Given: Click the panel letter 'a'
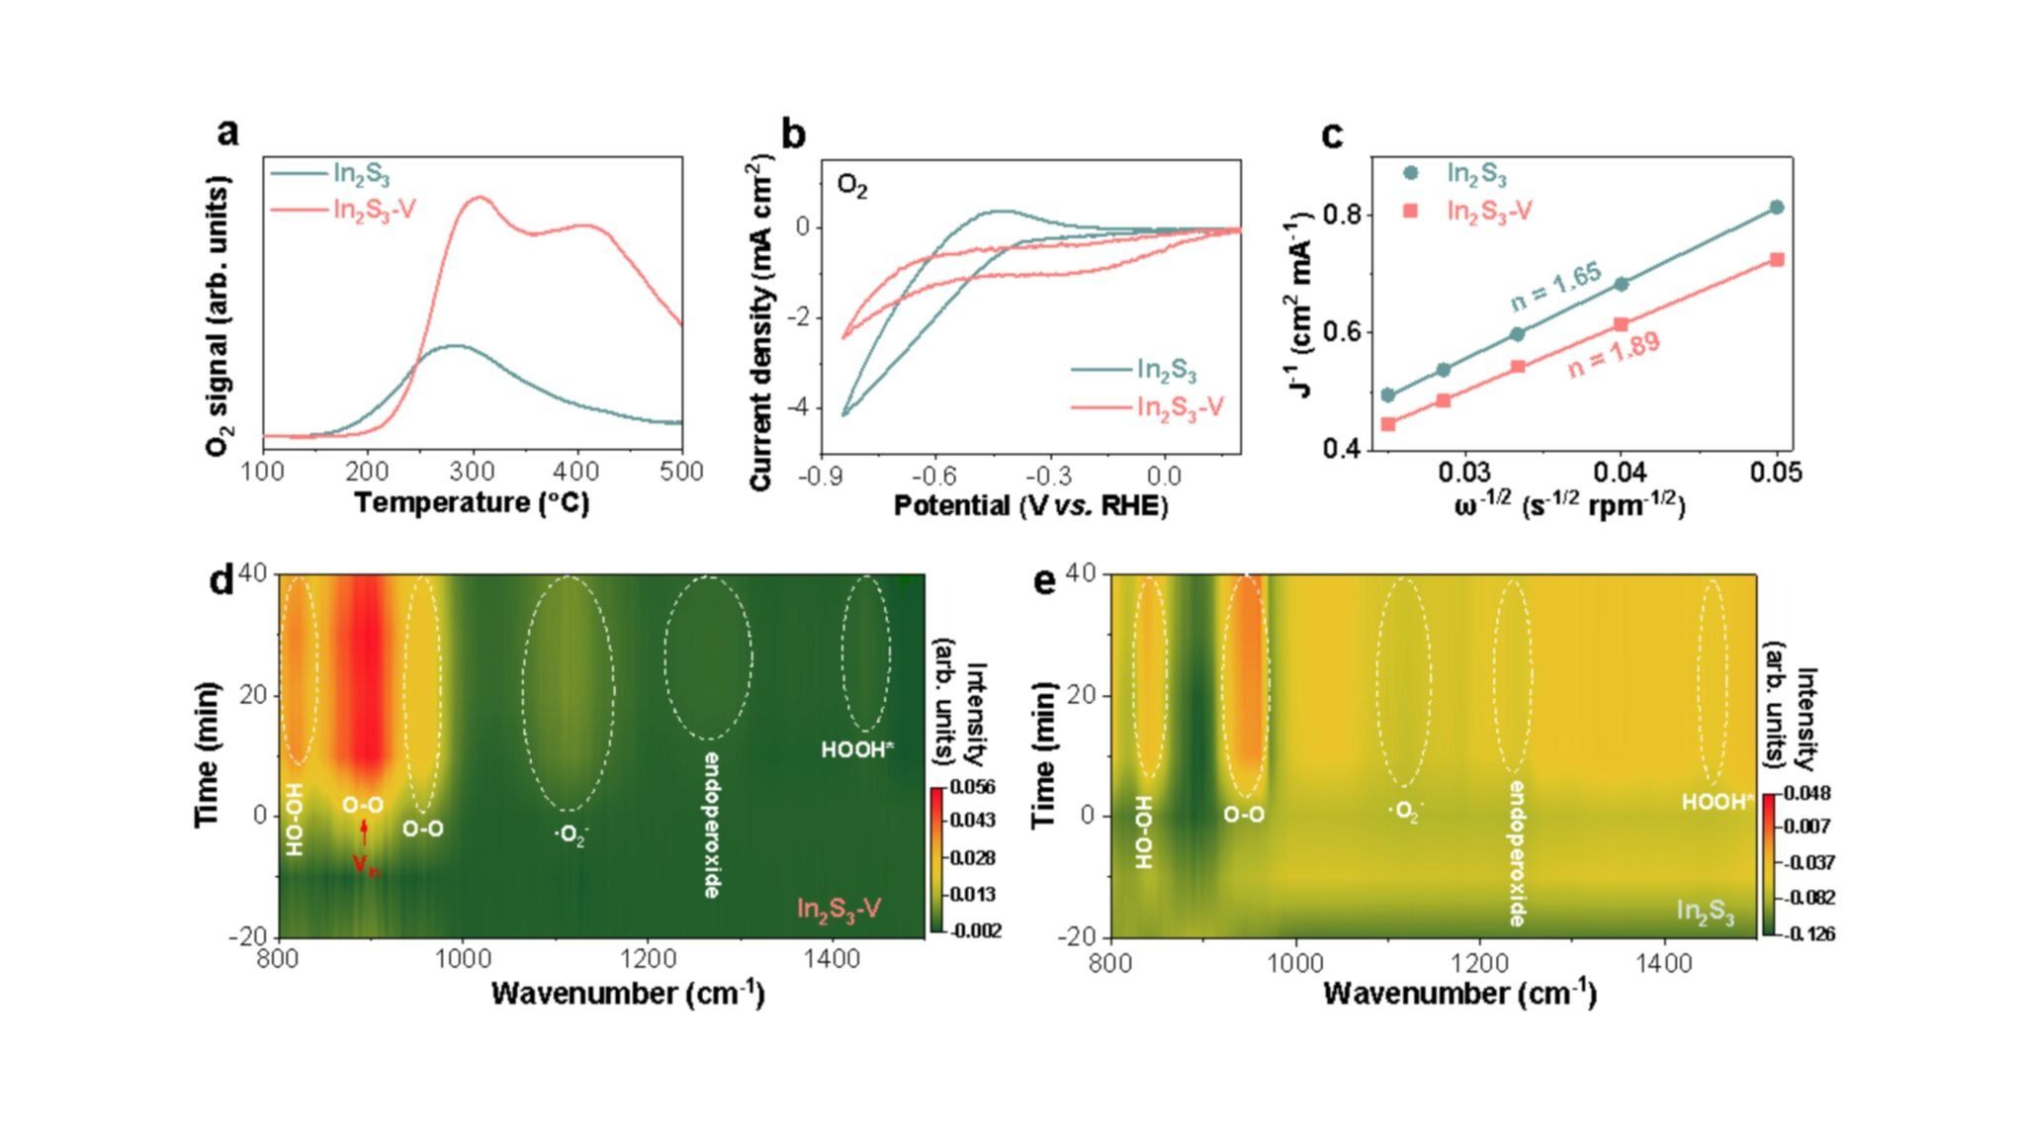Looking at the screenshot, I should [x=228, y=131].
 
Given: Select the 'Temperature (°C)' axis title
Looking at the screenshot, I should [x=472, y=503].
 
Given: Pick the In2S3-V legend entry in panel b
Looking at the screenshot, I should [x=1180, y=407].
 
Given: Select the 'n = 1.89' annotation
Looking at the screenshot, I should [x=1614, y=355].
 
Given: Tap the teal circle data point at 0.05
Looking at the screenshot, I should [x=1777, y=208].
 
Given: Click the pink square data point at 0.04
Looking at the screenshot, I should [x=1622, y=324].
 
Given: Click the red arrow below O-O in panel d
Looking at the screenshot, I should [x=365, y=832].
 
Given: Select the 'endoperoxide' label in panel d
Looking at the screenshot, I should [x=710, y=825].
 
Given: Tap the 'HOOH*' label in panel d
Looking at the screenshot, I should [x=857, y=750].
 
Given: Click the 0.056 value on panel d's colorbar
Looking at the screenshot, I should [x=974, y=787].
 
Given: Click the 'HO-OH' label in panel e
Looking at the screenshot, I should [x=1144, y=832].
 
